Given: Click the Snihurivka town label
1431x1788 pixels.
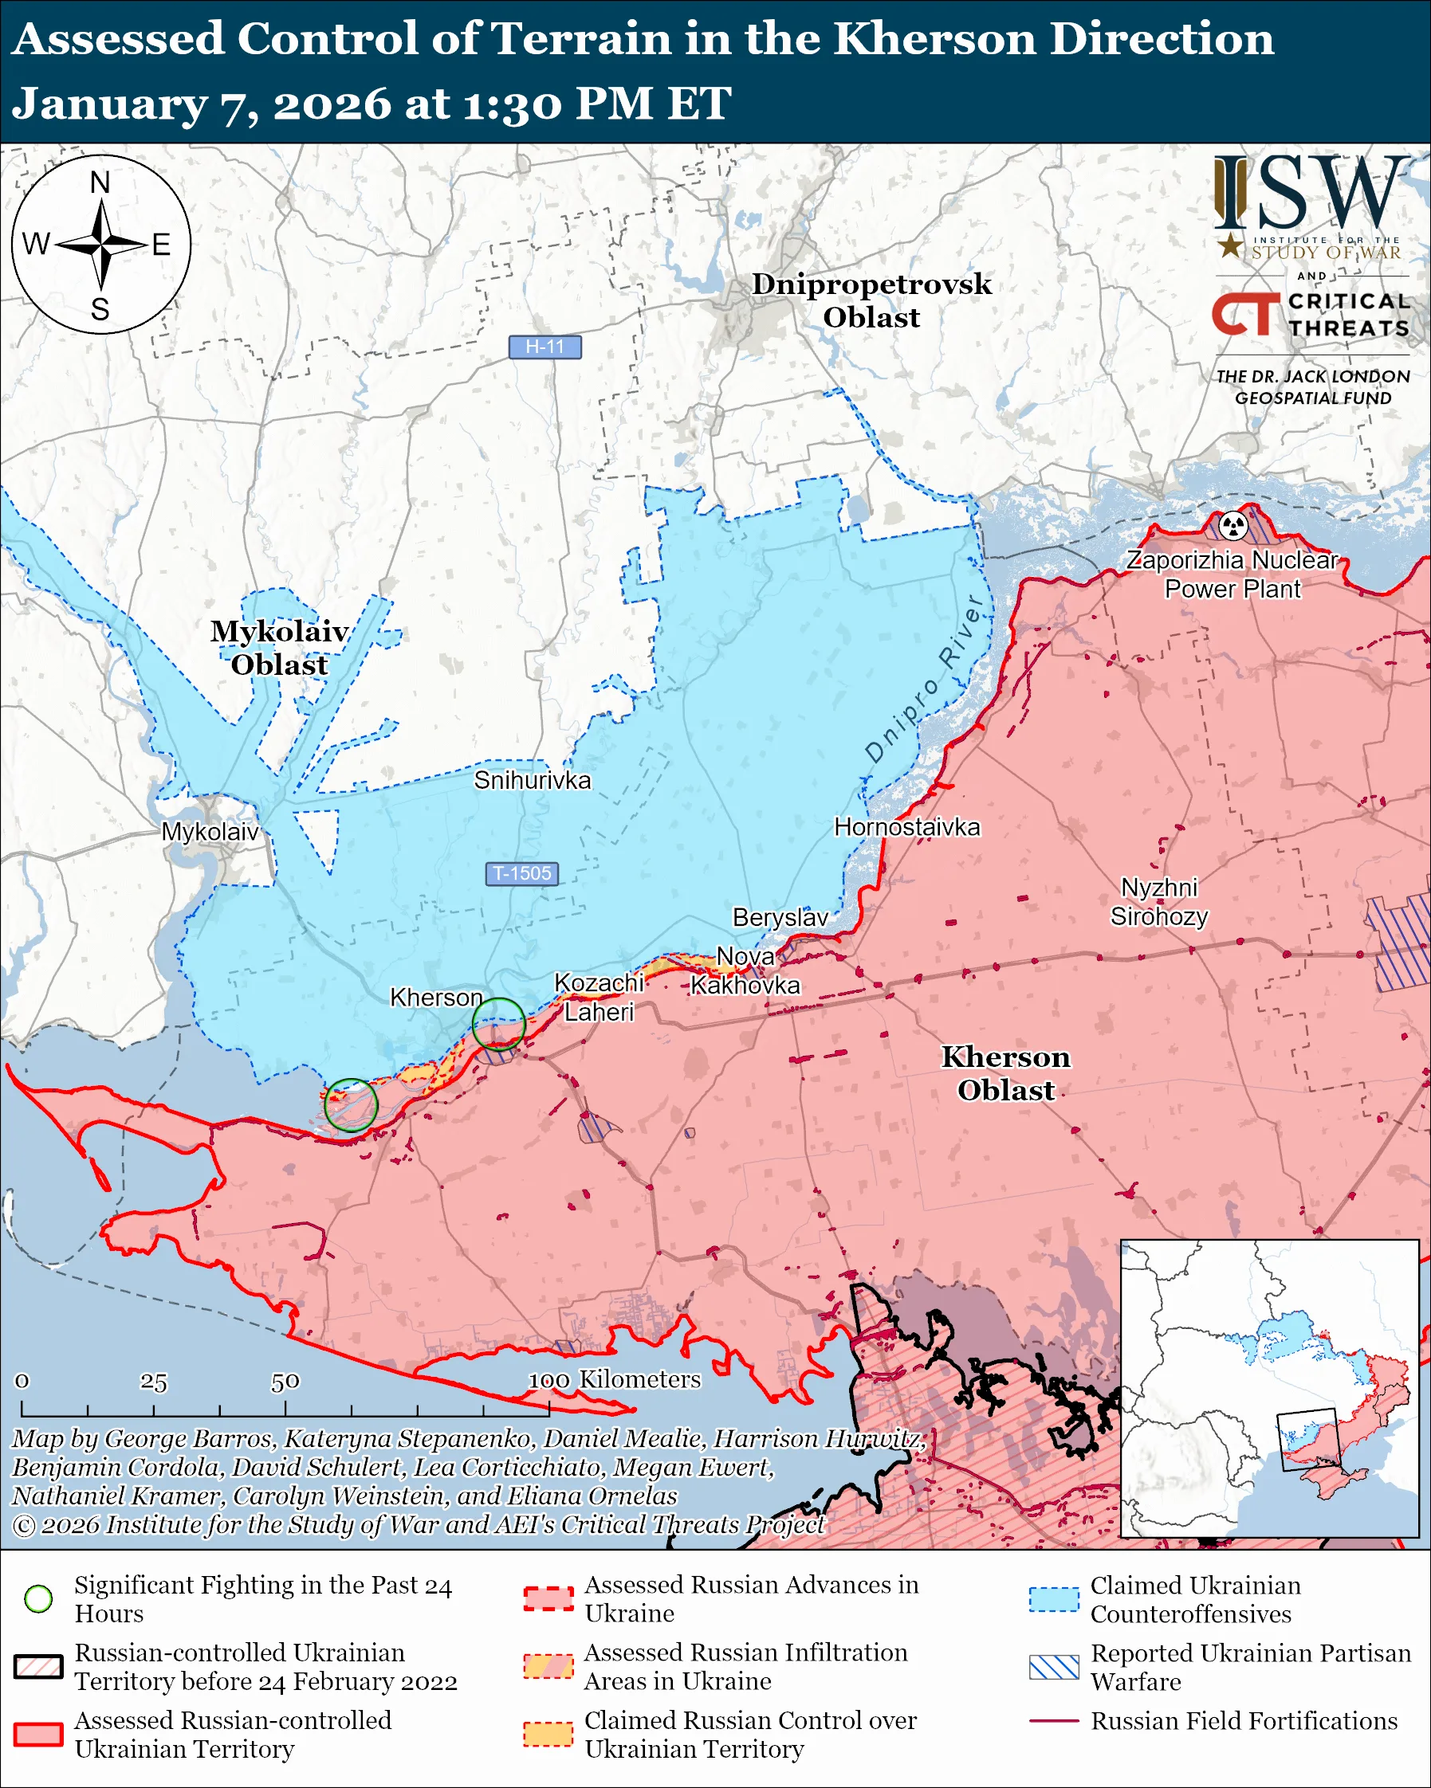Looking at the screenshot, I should coord(532,780).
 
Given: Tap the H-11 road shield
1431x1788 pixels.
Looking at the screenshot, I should coord(544,347).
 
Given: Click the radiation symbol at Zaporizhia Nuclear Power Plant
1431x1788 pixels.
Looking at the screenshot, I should coord(1233,525).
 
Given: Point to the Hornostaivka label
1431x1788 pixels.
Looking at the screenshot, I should coord(906,827).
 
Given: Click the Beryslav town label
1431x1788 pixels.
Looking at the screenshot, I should coord(780,917).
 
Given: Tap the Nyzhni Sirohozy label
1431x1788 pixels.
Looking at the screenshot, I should coord(1159,902).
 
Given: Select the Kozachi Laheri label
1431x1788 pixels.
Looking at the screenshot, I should coord(599,998).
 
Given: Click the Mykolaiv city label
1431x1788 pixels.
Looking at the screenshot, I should coord(210,832).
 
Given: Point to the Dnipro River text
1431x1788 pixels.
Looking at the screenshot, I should coord(924,678).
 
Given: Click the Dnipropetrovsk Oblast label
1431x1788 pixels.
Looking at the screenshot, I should coord(871,300).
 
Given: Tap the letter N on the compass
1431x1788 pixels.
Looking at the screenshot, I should coord(100,182).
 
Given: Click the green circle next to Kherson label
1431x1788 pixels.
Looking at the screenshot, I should coord(498,1025).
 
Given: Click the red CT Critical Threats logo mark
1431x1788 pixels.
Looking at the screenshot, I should coord(1245,313).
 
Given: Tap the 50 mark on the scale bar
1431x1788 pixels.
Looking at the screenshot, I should coord(285,1382).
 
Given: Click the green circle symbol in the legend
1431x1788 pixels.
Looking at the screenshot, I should coord(39,1599).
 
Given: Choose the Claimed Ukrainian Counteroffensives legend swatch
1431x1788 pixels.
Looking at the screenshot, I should coord(1054,1599).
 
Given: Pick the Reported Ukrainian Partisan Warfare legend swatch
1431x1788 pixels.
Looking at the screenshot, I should coord(1054,1668).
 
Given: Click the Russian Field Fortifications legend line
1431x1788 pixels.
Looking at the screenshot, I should coord(1054,1722).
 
